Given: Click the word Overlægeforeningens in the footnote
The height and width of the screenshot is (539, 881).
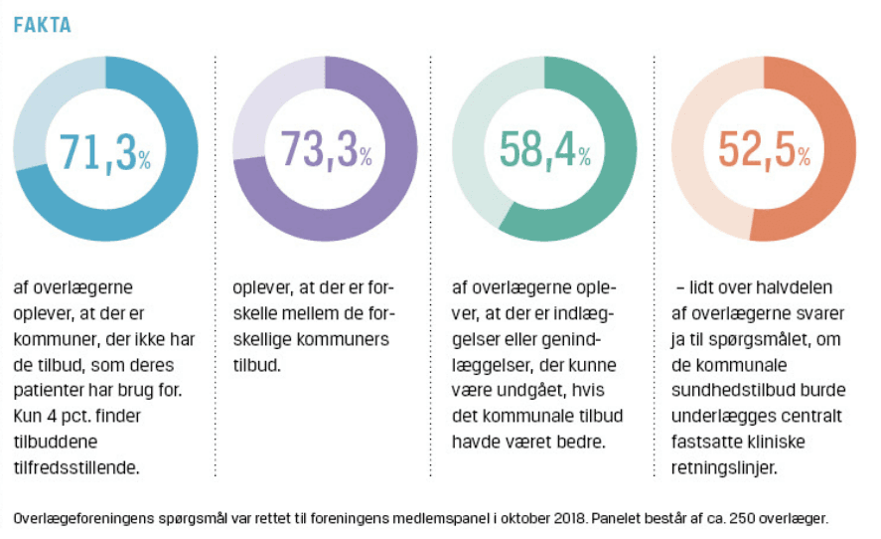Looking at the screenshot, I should point(82,517).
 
